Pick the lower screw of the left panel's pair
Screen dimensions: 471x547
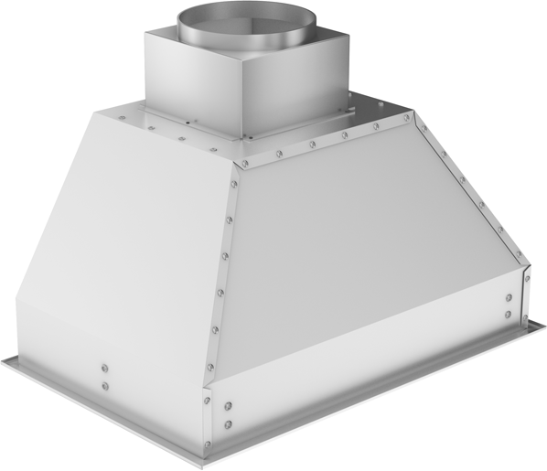click(x=105, y=385)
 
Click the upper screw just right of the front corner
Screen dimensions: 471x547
click(x=228, y=406)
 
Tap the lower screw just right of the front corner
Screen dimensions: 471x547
click(x=228, y=423)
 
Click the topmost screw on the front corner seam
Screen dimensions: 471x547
click(x=237, y=169)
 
